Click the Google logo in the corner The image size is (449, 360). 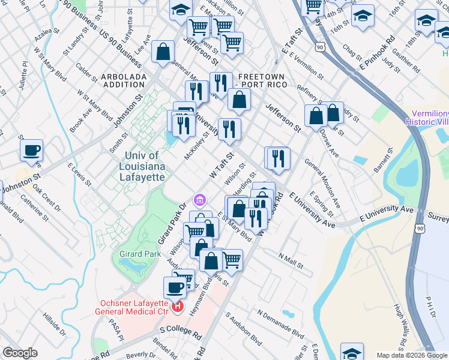pos(20,353)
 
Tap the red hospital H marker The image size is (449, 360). pos(178,307)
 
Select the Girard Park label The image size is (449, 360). pos(139,254)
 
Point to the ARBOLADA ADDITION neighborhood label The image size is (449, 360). pos(123,80)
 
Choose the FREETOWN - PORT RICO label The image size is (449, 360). pos(262,80)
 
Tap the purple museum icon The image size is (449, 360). pos(199,199)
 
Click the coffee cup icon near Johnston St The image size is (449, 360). pos(31,150)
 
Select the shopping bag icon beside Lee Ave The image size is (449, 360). pos(163,52)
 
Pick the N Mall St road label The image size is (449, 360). pos(291,259)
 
